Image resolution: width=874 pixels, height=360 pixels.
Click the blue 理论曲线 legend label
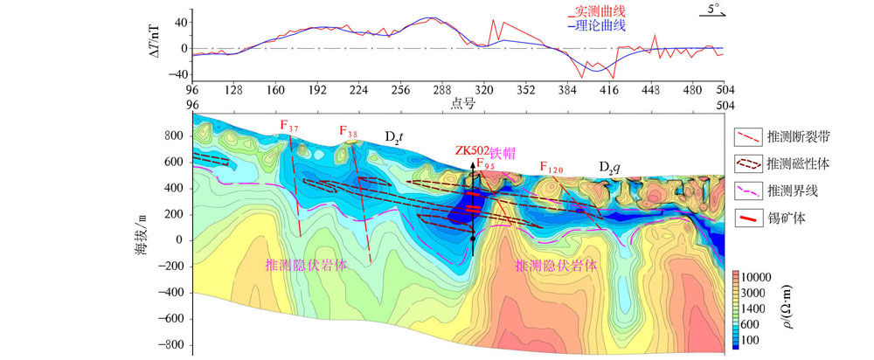click(x=600, y=26)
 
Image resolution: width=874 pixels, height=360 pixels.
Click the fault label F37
click(x=289, y=127)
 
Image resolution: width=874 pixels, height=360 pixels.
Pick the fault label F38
click(x=348, y=132)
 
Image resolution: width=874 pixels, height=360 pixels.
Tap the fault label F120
click(x=551, y=167)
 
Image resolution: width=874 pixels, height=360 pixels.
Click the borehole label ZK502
click(x=473, y=150)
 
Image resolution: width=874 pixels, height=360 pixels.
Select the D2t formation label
click(x=394, y=137)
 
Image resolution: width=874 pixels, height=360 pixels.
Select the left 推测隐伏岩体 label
click(x=307, y=264)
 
